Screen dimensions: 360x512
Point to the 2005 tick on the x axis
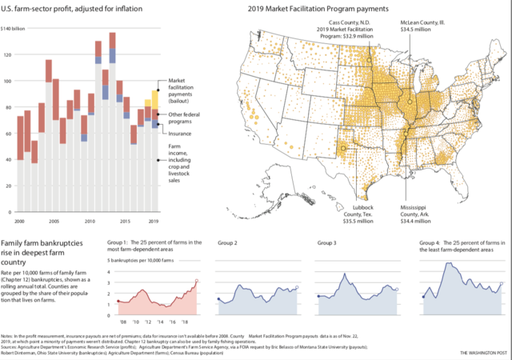53,219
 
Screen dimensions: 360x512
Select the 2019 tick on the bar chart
152,219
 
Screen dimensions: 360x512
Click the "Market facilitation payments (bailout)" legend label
182,92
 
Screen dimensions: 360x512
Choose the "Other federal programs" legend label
182,118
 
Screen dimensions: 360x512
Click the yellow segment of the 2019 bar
153,99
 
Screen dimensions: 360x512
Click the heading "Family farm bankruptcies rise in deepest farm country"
45,251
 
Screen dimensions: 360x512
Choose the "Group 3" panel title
327,242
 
